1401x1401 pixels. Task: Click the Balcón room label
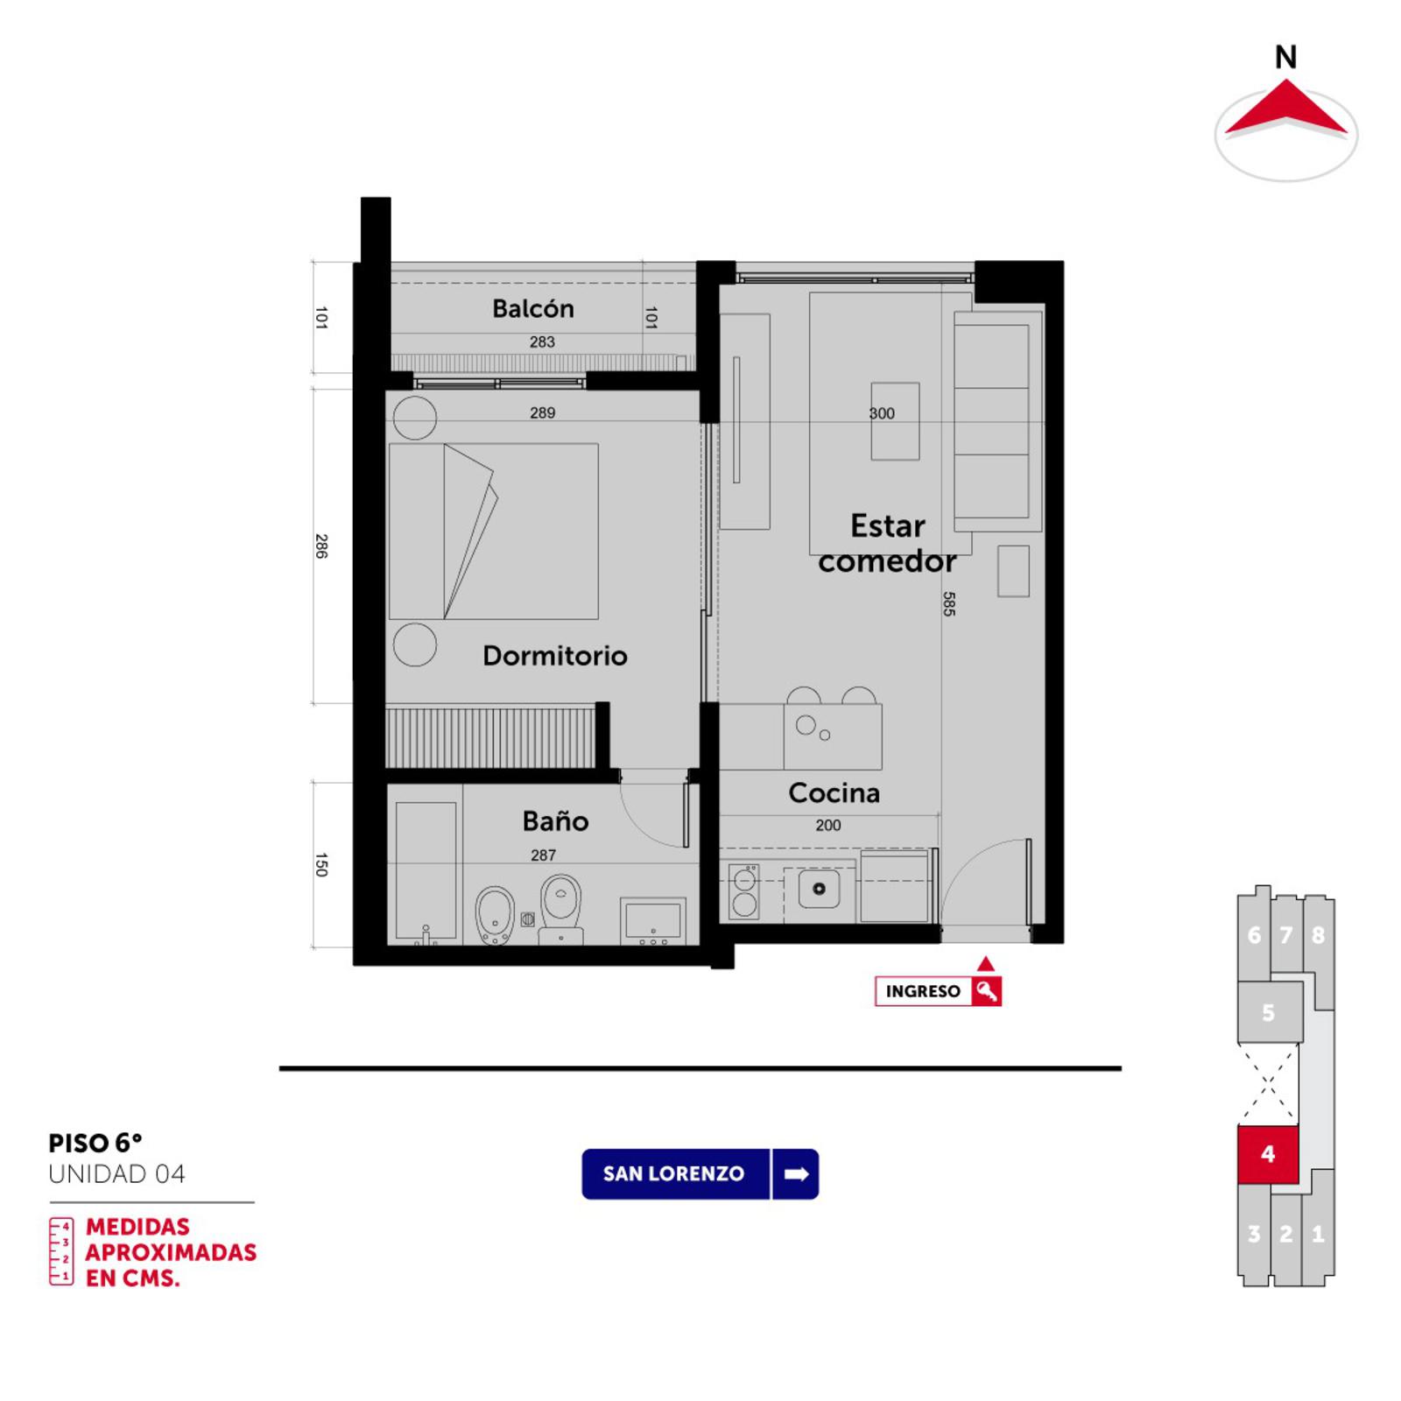pos(532,309)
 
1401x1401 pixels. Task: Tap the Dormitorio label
pos(555,656)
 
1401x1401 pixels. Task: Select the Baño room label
pos(555,820)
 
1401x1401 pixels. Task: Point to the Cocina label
pos(834,792)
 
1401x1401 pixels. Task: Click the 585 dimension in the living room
pos(949,604)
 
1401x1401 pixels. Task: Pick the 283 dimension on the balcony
pos(542,342)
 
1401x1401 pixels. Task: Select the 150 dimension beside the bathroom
pos(321,865)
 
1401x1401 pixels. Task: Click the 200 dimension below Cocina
pos(828,825)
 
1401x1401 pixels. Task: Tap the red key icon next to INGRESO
pos(987,991)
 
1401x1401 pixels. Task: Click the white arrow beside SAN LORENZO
pos(796,1174)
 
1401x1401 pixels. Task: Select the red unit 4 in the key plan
pos(1267,1154)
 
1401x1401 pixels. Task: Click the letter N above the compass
pos(1285,58)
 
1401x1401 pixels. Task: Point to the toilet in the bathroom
pos(561,909)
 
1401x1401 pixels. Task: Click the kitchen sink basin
pos(820,889)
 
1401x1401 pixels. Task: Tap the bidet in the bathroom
pos(495,916)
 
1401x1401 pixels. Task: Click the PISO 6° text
pos(95,1143)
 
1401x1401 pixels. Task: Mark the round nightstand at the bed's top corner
pos(415,418)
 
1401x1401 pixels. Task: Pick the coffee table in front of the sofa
pos(895,421)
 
